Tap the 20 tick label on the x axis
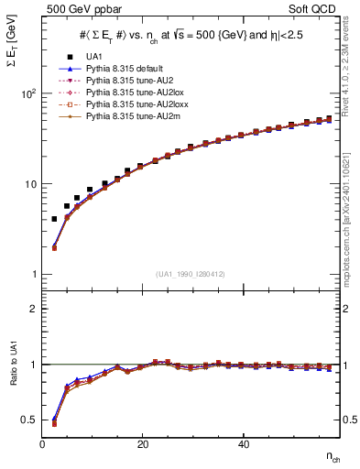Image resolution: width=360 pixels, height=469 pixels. pos(142,444)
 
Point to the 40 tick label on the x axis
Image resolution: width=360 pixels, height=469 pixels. pos(243,444)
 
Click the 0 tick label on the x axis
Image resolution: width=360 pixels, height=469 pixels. pos(42,444)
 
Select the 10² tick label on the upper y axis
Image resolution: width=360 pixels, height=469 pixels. pos(29,93)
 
